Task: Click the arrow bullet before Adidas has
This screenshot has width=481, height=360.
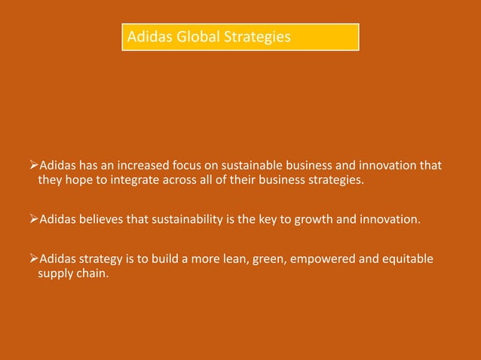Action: point(32,165)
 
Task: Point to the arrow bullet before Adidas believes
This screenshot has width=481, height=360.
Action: point(32,220)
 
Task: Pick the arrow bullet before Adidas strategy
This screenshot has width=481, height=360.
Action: point(32,259)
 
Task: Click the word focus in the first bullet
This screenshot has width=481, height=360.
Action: point(195,165)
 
